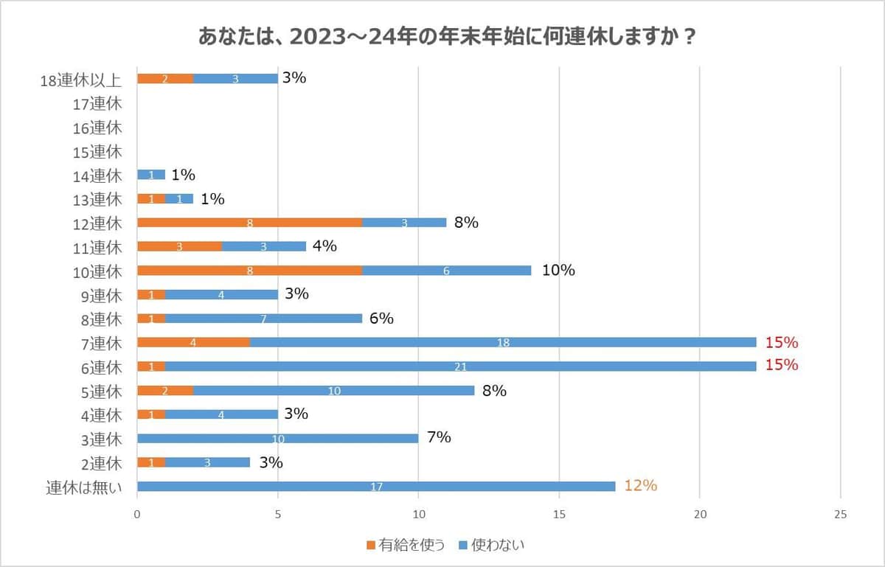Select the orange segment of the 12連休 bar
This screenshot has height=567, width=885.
coord(250,223)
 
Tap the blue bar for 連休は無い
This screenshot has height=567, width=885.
coord(376,487)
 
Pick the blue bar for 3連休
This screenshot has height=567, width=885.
coord(278,439)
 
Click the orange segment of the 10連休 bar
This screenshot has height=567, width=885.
coord(250,271)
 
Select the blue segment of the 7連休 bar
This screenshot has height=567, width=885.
coord(504,343)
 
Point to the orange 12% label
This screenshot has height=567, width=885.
coord(640,486)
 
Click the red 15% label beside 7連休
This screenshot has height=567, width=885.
coord(782,342)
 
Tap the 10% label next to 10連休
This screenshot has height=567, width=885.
coord(558,271)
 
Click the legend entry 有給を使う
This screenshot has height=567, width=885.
coord(405,545)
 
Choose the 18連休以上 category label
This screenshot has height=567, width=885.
coord(80,80)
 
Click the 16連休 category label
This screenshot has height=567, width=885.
coord(97,128)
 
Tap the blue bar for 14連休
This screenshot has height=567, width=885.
coord(151,175)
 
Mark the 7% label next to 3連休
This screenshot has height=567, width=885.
coord(439,438)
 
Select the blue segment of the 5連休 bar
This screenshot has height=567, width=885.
coord(334,391)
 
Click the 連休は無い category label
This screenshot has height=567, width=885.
coord(83,487)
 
